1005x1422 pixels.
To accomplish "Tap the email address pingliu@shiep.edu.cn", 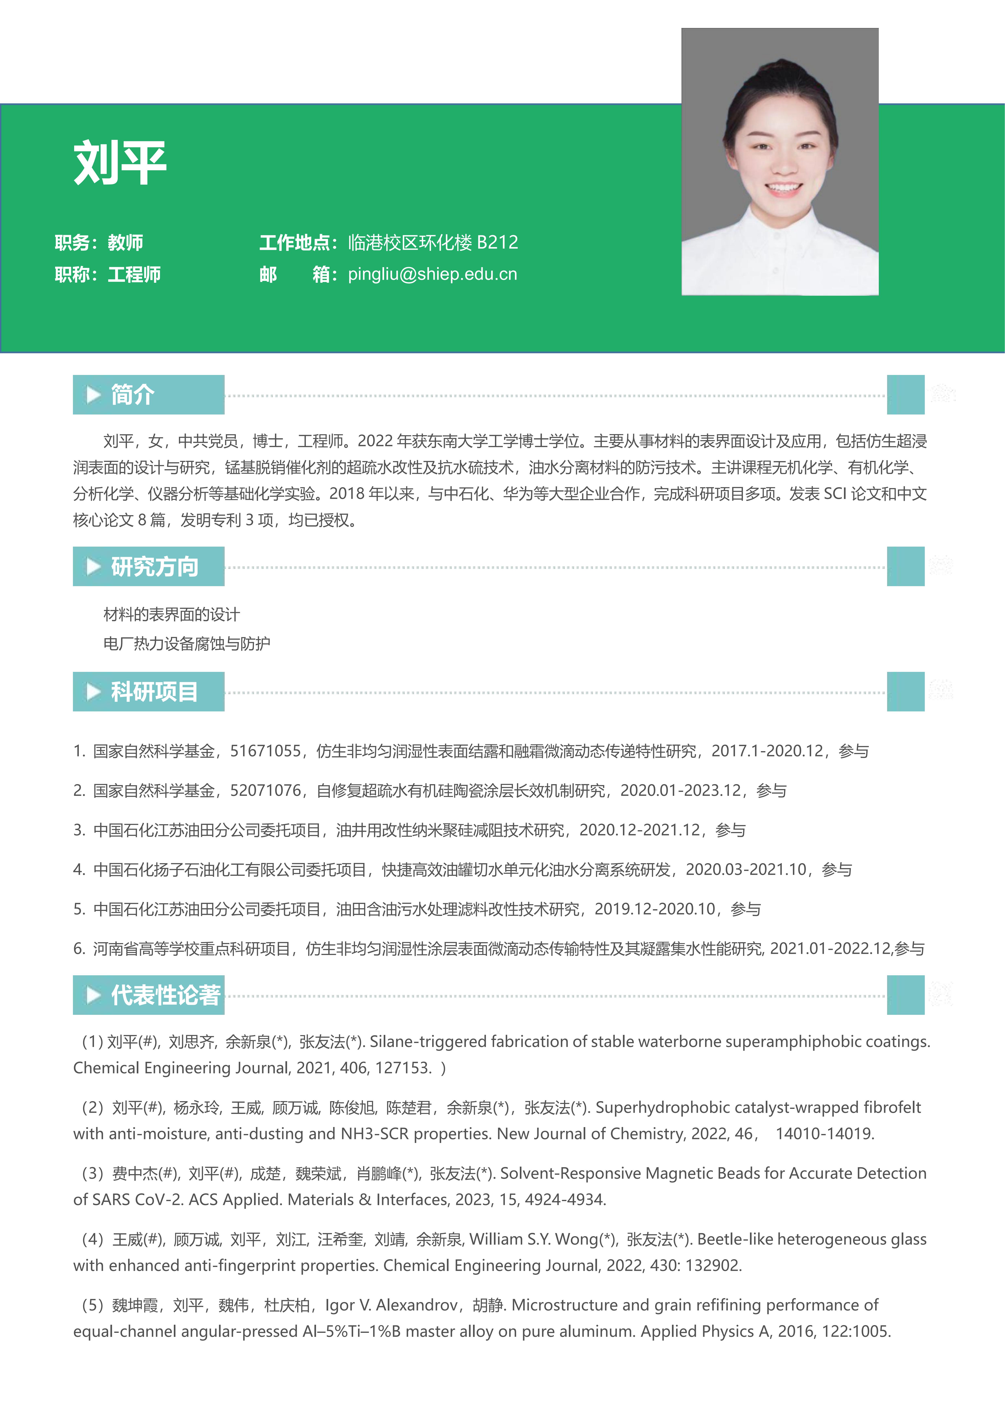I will tap(432, 274).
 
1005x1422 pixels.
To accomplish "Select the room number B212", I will tap(497, 242).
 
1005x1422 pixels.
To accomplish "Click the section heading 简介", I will tap(132, 395).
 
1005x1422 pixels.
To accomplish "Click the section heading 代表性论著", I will tap(165, 995).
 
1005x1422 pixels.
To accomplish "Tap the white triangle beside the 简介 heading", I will tap(94, 395).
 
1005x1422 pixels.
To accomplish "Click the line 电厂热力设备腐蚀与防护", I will tap(186, 644).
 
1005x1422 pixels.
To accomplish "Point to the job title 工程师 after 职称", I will tap(134, 274).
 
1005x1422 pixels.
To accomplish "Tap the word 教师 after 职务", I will tap(126, 242).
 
